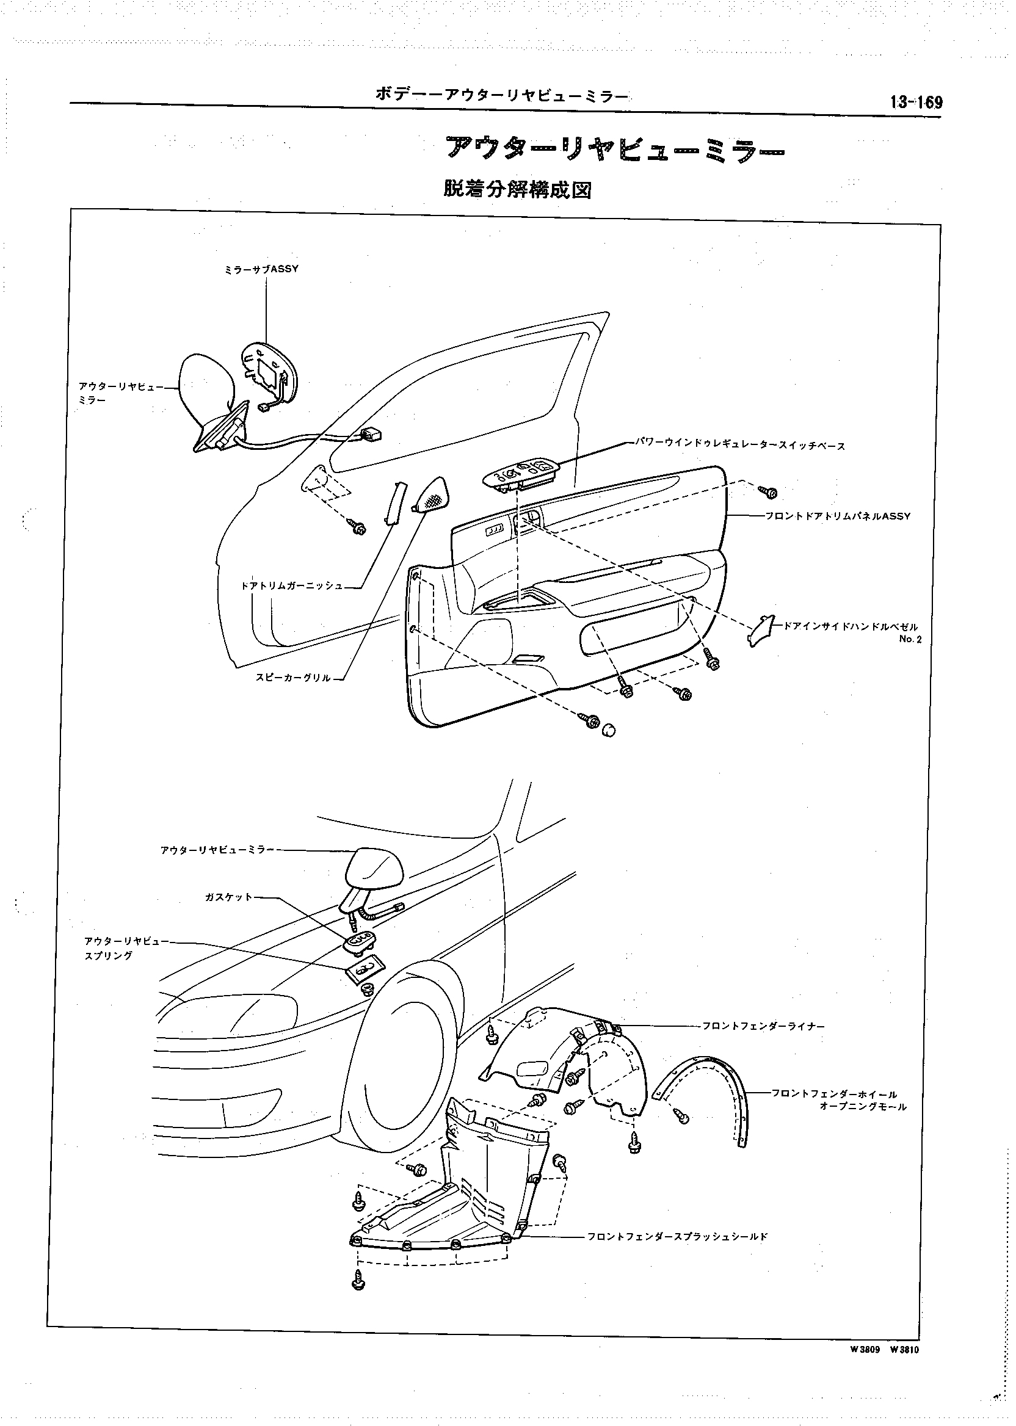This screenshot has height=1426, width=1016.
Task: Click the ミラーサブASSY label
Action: (261, 269)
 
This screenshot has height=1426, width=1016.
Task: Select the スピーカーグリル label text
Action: (293, 678)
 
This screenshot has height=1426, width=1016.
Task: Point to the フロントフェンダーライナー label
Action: (763, 1026)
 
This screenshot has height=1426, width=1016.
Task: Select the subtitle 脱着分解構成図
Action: (517, 189)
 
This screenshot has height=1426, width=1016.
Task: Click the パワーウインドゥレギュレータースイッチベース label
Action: (740, 446)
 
